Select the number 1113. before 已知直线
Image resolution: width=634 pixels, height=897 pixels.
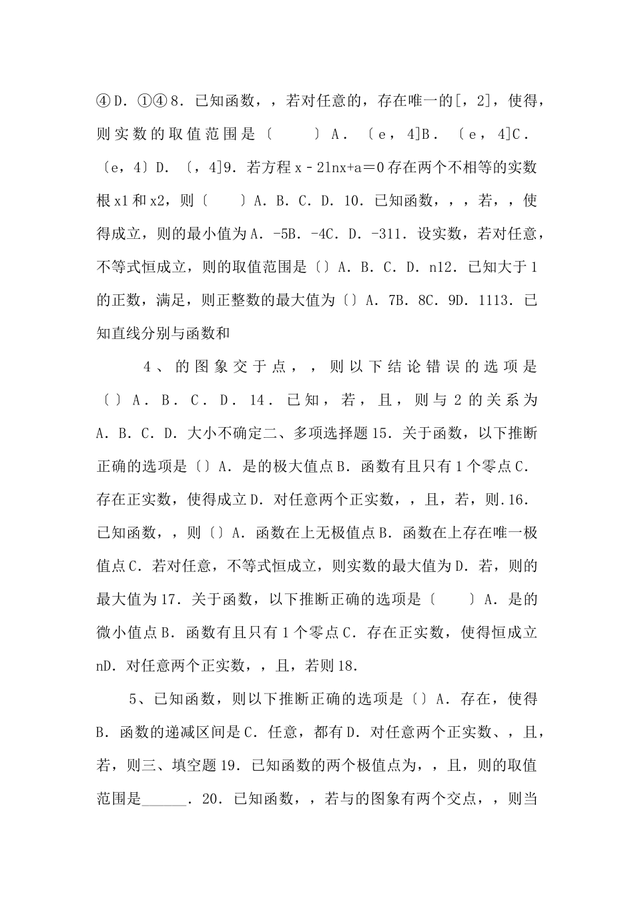coord(498,300)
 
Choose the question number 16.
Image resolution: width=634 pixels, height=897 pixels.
coord(518,499)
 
